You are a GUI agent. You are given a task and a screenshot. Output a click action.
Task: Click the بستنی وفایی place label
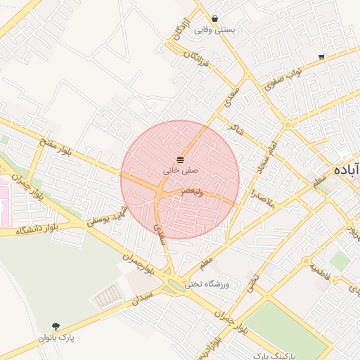tap(214, 30)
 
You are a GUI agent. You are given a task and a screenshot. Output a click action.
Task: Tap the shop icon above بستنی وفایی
tap(214, 19)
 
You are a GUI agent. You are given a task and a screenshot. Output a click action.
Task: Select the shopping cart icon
tap(321, 56)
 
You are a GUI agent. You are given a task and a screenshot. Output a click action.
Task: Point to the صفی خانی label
tap(181, 170)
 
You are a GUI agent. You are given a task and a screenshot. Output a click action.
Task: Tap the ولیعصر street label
tap(192, 191)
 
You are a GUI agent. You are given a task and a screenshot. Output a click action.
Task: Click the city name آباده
tap(346, 170)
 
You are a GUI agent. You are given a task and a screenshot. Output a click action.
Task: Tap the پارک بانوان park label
tap(56, 337)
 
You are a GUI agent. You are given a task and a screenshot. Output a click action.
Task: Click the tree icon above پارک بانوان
tap(56, 326)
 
